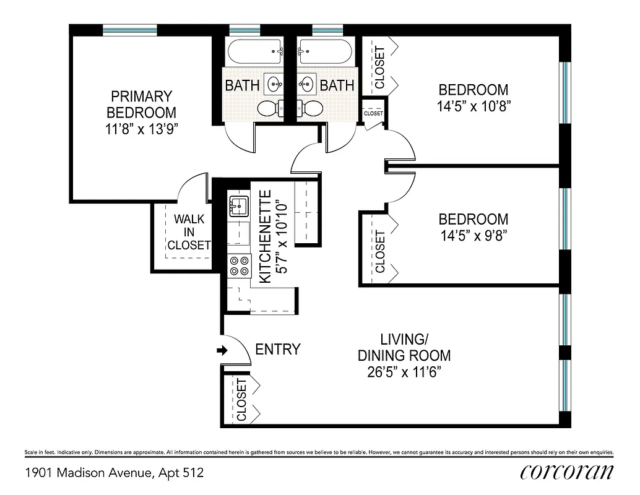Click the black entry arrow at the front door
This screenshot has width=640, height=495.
(222, 351)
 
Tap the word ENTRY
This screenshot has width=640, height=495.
(278, 350)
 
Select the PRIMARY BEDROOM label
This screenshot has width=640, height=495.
(141, 105)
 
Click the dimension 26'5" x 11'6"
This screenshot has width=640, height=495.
(404, 372)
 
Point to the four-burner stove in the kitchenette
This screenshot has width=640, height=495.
(240, 265)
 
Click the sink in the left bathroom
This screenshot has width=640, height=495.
(274, 82)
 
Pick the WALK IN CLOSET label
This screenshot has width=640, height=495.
(189, 232)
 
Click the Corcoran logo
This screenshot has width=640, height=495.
(567, 472)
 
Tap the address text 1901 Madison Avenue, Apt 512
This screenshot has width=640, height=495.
(114, 473)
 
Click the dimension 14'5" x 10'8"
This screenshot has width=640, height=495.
(474, 106)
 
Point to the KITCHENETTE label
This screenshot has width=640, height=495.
(264, 237)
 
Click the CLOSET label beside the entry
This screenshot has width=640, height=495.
(241, 399)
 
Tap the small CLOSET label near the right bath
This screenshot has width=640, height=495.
(373, 114)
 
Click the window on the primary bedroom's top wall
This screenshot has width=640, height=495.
(129, 30)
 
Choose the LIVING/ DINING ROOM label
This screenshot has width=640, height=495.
(404, 347)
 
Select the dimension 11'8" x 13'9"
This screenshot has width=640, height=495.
(141, 129)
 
